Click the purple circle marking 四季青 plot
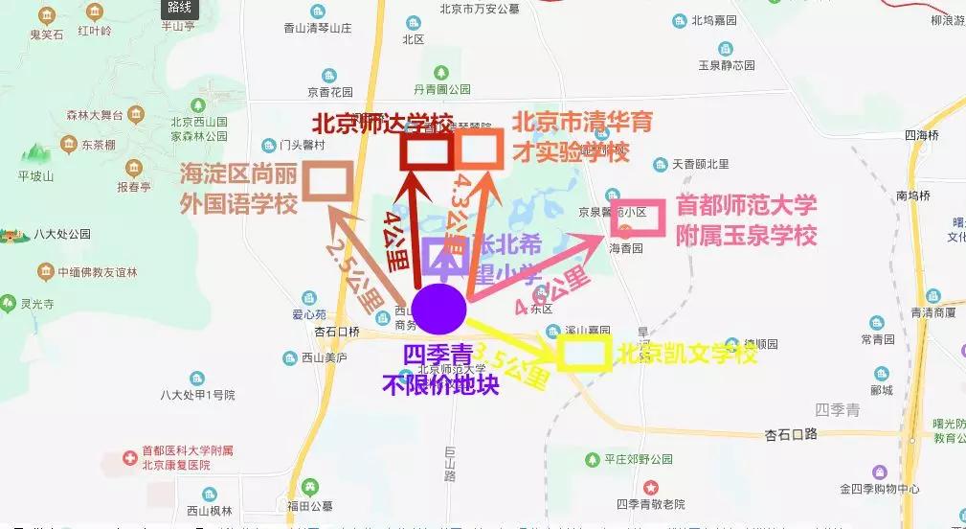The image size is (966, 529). [439, 309]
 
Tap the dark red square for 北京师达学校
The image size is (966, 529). [426, 149]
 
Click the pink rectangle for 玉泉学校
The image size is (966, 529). [638, 219]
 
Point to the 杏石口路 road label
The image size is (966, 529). [790, 434]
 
